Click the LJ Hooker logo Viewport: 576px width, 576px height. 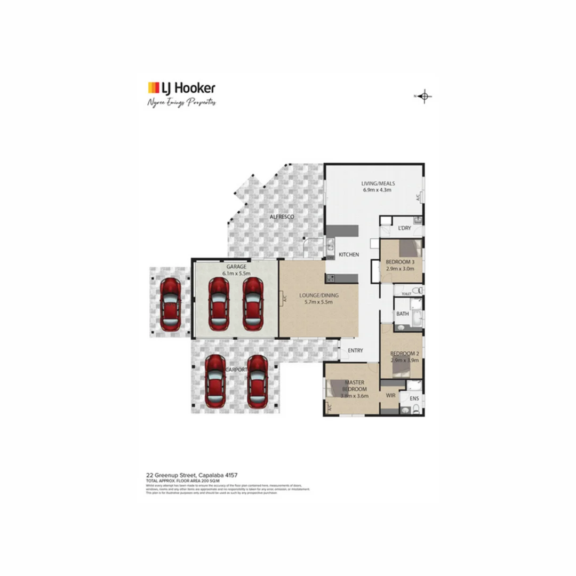(181, 88)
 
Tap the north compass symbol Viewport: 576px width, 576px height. (424, 97)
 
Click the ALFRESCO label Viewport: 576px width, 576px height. (282, 217)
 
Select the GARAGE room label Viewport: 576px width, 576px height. (236, 266)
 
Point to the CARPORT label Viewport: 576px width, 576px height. (236, 369)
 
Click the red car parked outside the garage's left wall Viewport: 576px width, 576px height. (170, 305)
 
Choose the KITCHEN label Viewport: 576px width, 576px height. (349, 254)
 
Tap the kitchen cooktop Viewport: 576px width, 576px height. (330, 278)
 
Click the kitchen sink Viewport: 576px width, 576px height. (331, 246)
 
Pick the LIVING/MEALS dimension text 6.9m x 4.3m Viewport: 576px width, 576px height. (377, 190)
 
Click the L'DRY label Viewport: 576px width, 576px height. (404, 228)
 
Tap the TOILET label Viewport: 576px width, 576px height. (405, 293)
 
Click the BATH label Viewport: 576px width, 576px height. (402, 314)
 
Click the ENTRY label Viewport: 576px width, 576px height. (355, 350)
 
